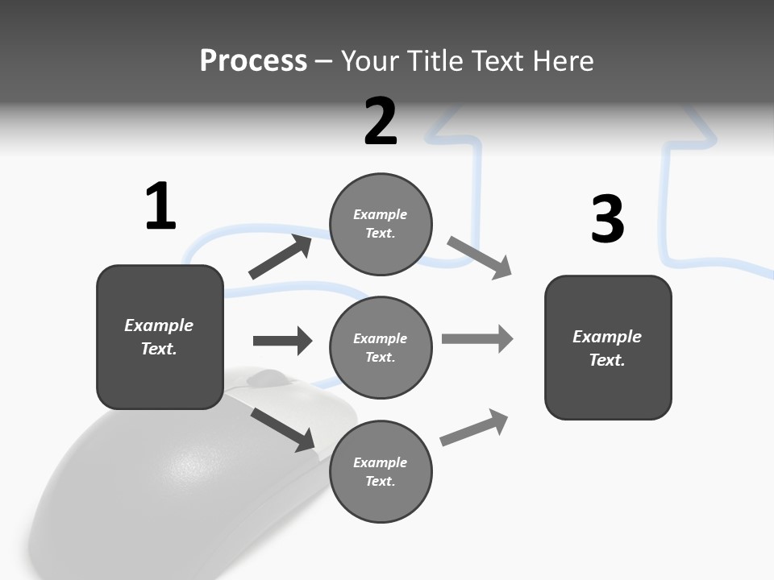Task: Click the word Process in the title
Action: pos(253,60)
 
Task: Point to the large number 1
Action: pos(160,207)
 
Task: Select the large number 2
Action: pos(381,122)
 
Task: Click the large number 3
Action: pos(607,220)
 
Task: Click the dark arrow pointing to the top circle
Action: pos(280,257)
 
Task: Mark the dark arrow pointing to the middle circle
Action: pos(282,341)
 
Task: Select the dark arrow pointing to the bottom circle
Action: pos(282,429)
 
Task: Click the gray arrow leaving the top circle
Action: pos(479,258)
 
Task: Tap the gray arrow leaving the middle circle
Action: pos(476,339)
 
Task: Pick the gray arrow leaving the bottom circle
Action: pos(474,427)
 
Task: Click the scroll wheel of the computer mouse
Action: pos(265,377)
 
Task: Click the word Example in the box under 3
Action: pos(607,337)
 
